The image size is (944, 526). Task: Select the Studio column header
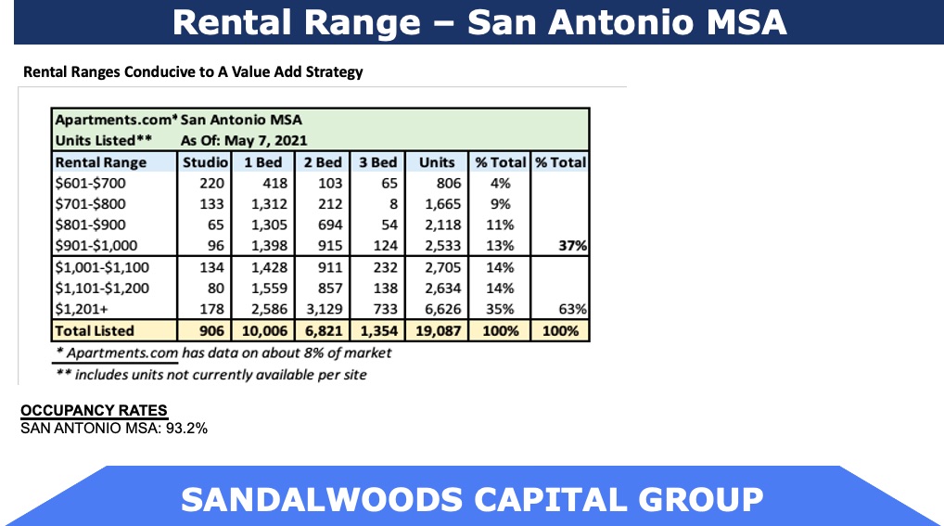click(x=200, y=162)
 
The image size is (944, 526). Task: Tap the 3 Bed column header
click(x=377, y=162)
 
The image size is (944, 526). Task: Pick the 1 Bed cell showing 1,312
click(x=269, y=204)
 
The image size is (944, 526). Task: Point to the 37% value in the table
click(x=570, y=246)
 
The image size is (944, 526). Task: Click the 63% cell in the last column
click(x=570, y=309)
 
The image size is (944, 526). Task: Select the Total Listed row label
click(x=95, y=330)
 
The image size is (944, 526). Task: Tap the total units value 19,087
click(x=436, y=330)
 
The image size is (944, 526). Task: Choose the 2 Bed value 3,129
click(x=323, y=309)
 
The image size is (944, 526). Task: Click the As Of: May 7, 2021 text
click(x=231, y=140)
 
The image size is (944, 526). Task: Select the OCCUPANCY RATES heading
click(x=94, y=411)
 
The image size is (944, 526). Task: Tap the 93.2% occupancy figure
click(x=186, y=429)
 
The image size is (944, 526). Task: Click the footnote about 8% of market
click(x=223, y=353)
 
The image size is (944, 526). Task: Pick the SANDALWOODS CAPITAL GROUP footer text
click(x=472, y=499)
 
